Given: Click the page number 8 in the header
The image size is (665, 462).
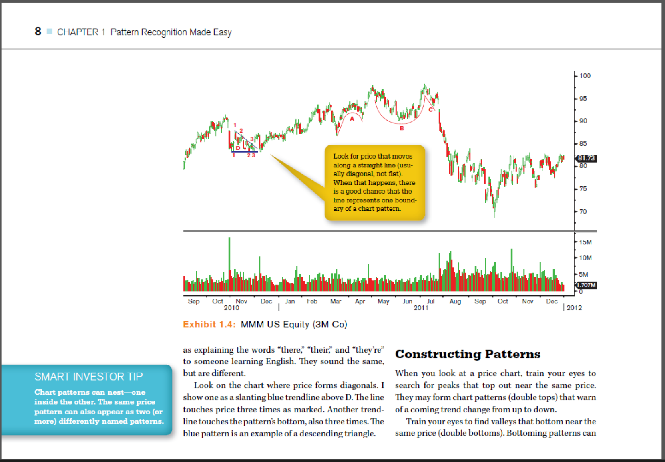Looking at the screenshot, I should coord(38,31).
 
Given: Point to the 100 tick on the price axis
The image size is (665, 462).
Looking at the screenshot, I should coord(585,76).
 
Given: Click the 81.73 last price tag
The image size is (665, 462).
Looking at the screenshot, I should coord(586,158).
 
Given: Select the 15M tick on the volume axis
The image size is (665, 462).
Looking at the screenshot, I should coord(585,242).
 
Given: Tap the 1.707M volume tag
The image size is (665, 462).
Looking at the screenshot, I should coord(587,285).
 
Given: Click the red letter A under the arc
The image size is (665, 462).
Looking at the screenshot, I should coord(352,119).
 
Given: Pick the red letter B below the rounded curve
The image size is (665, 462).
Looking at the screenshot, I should coord(402,128).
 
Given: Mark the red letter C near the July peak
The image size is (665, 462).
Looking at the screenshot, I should coord(431,109).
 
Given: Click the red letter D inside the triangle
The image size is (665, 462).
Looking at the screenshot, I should coord(238,148).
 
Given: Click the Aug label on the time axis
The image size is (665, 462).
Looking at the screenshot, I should coord(455,301).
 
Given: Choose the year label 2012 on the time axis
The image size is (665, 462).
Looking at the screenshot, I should coord(574,307).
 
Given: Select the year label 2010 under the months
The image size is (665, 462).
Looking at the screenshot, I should coord(231,307).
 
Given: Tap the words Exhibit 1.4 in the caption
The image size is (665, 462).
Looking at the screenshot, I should coord(209,324).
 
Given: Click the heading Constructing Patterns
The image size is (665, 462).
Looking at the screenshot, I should coord(468,354).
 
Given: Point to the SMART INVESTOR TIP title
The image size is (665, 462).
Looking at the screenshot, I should coord(88,377).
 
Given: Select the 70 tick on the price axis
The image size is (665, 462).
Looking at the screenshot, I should coord(583,212).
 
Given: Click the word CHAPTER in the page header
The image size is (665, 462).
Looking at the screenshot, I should coord(78,32).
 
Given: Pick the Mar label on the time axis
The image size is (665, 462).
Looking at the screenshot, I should coord(336,301).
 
